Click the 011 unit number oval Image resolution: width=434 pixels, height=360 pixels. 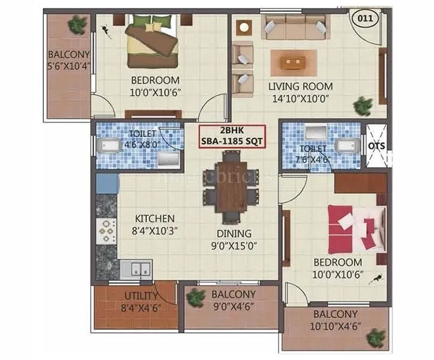coord(365,18)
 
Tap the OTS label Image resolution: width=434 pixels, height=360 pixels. coord(376,145)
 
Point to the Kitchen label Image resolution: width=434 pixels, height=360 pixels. coord(154,219)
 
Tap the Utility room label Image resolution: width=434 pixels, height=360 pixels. coord(141,296)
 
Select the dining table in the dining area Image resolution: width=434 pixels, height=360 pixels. coord(232,185)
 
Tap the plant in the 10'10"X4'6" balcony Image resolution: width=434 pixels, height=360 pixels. coord(376,338)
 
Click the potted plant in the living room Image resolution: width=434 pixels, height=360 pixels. coord(363,106)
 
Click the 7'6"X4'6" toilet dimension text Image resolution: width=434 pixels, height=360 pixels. coord(313,159)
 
